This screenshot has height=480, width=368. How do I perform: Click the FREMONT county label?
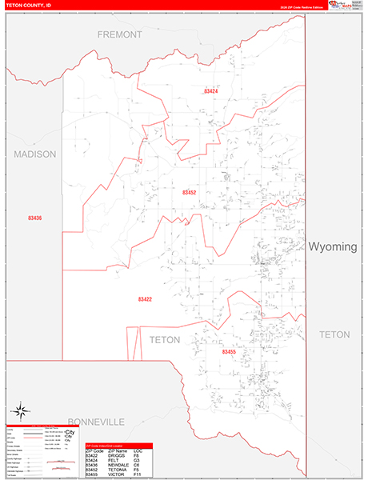(x=119, y=35)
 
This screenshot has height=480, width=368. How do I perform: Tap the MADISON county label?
(x=35, y=154)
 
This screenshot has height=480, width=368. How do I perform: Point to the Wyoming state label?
(x=333, y=246)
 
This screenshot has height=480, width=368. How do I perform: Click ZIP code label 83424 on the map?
(x=211, y=91)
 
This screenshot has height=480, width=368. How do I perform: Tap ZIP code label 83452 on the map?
(x=190, y=193)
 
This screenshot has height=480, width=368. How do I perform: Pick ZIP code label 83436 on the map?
(x=34, y=218)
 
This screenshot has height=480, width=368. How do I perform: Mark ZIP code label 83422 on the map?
(x=145, y=299)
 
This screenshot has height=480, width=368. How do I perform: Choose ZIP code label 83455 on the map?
(x=229, y=351)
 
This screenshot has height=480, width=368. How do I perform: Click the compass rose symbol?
(x=22, y=407)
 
